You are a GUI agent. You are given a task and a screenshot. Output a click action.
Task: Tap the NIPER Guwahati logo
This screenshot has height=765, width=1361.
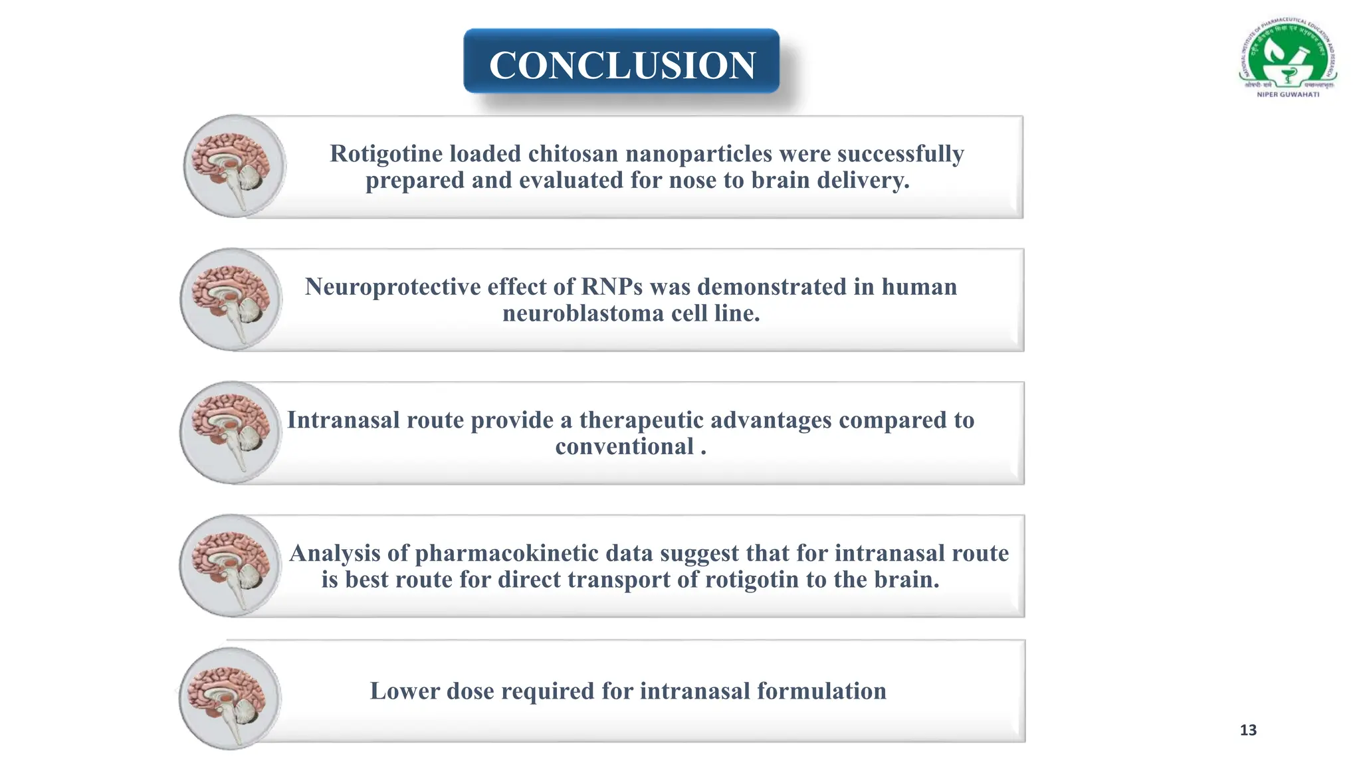[x=1288, y=58]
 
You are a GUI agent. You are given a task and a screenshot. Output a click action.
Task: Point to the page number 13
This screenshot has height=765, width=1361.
[x=1248, y=730]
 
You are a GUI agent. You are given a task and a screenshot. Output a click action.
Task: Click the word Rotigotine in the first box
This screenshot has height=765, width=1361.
[x=387, y=153]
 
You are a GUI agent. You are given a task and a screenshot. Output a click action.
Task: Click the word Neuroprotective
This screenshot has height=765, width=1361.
[x=393, y=287]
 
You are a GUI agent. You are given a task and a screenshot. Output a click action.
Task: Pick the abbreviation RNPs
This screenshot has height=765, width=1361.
[x=612, y=287]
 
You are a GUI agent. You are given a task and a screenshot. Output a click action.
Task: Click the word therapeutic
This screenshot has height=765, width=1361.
[x=638, y=420]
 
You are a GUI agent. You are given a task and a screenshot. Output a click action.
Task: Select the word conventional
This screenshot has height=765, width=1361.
[x=625, y=447]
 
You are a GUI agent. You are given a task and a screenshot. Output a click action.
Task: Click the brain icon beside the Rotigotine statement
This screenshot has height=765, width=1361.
[x=234, y=166]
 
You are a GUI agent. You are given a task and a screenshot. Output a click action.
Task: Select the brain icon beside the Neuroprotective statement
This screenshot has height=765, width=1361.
[x=231, y=299]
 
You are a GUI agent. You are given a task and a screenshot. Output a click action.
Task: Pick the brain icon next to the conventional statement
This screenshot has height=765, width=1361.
[x=231, y=432]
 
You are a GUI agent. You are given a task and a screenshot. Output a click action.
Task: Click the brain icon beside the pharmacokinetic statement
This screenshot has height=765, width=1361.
[x=231, y=565]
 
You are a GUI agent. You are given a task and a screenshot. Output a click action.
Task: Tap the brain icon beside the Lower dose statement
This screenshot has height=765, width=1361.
[x=230, y=698]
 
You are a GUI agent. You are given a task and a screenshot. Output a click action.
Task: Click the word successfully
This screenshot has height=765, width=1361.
[x=900, y=153]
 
